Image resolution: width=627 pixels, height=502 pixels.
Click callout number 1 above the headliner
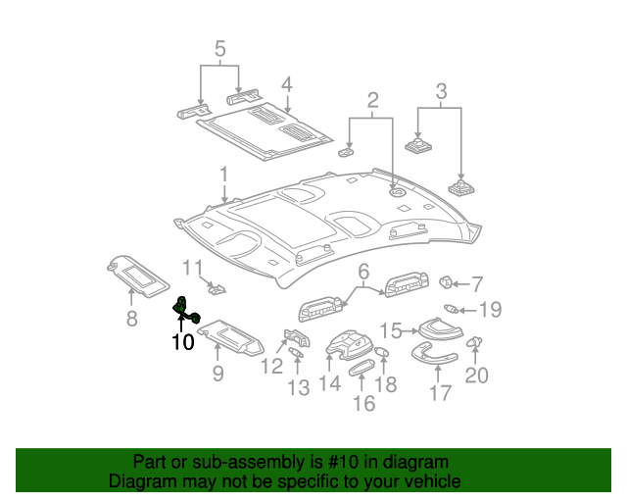click(224, 176)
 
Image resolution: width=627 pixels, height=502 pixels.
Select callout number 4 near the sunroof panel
click(286, 85)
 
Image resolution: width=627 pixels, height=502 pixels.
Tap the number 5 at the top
click(219, 49)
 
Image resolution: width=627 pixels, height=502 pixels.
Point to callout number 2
click(373, 100)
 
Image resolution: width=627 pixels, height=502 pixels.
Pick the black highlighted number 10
click(182, 342)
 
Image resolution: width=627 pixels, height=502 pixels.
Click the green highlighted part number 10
click(183, 310)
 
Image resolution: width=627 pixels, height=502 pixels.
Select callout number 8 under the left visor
click(131, 318)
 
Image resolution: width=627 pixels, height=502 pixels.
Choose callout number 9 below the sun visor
click(217, 373)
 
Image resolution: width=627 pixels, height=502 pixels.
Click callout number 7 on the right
click(477, 285)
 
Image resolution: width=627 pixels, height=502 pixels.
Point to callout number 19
click(489, 311)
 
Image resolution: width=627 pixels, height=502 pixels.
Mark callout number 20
click(476, 376)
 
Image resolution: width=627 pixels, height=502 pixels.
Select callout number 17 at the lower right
click(440, 393)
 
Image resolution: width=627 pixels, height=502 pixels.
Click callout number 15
click(391, 330)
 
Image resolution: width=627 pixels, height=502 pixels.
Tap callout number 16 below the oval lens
click(363, 403)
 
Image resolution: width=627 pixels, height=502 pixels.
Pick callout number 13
click(298, 389)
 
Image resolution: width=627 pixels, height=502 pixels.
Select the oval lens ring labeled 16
click(362, 370)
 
